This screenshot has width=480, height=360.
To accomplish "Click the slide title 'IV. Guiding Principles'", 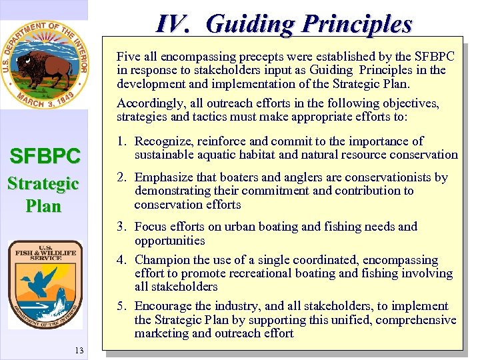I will click(x=284, y=24).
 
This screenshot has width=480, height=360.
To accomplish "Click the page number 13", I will click(x=79, y=351).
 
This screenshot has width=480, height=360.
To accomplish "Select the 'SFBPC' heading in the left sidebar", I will click(x=45, y=157).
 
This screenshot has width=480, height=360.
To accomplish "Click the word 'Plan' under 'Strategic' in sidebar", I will click(x=43, y=205).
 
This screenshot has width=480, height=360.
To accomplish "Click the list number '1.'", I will click(x=121, y=141).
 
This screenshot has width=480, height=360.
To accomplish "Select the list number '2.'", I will click(x=121, y=177).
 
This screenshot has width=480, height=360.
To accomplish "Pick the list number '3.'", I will click(x=121, y=227).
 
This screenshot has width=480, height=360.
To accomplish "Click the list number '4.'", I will click(x=121, y=260).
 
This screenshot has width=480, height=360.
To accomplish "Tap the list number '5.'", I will click(x=121, y=306).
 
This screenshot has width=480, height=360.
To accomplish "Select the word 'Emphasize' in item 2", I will click(x=164, y=177).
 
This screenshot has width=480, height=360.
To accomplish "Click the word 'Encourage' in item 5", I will click(x=164, y=306).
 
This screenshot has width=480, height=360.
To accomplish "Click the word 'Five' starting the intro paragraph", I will click(x=128, y=57).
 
